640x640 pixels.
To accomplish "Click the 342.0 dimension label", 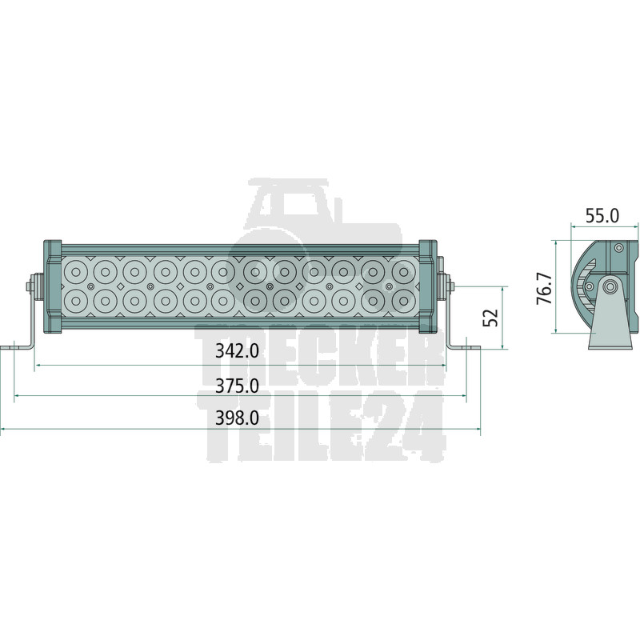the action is (x=237, y=351).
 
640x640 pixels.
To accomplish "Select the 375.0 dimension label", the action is (x=237, y=386).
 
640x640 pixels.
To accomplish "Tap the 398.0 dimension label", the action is (x=237, y=418).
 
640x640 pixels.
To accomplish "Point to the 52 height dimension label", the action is (x=490, y=318).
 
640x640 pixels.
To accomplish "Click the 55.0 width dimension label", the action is (x=602, y=216).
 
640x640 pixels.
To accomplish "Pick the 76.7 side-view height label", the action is (x=545, y=289).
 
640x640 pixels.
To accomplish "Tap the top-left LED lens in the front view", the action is (x=76, y=271).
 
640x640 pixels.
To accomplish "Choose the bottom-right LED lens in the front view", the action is (x=403, y=302).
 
